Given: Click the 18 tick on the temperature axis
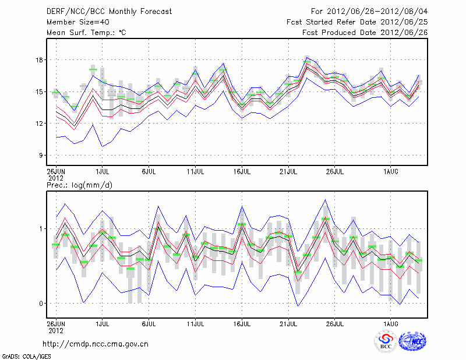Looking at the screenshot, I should tap(40, 60).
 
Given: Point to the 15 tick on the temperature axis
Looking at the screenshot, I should tap(40, 91).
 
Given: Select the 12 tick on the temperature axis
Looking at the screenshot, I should tap(40, 123).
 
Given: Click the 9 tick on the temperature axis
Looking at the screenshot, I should tap(41, 156).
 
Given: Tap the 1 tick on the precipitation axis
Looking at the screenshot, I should tap(41, 229).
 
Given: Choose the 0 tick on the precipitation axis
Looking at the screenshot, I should tap(41, 303).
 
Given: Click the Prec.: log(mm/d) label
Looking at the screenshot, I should tap(78, 185).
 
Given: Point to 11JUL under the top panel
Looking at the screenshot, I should tap(196, 172).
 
